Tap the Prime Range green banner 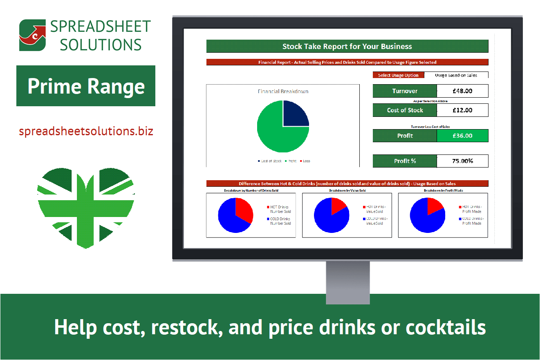click(86, 86)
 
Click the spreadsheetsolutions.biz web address click(86, 132)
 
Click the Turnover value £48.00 click(462, 91)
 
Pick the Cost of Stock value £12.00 click(462, 110)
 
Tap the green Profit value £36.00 click(462, 136)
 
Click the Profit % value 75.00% click(462, 161)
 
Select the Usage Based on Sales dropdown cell click(456, 75)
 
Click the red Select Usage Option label click(398, 75)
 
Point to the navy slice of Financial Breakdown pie click(294, 114)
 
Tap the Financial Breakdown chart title click(283, 92)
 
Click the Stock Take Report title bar click(347, 46)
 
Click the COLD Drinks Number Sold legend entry click(280, 221)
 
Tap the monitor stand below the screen click(347, 282)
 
